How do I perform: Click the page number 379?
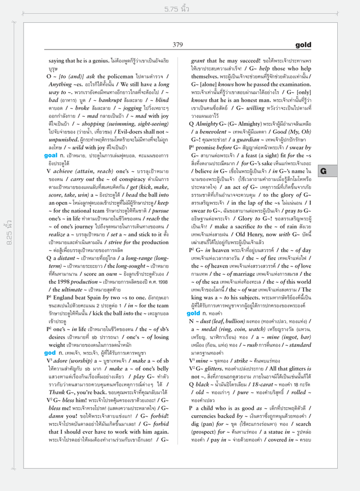[x=178, y=45]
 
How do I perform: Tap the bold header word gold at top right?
[x=303, y=45]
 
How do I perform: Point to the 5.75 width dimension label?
[x=177, y=9]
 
